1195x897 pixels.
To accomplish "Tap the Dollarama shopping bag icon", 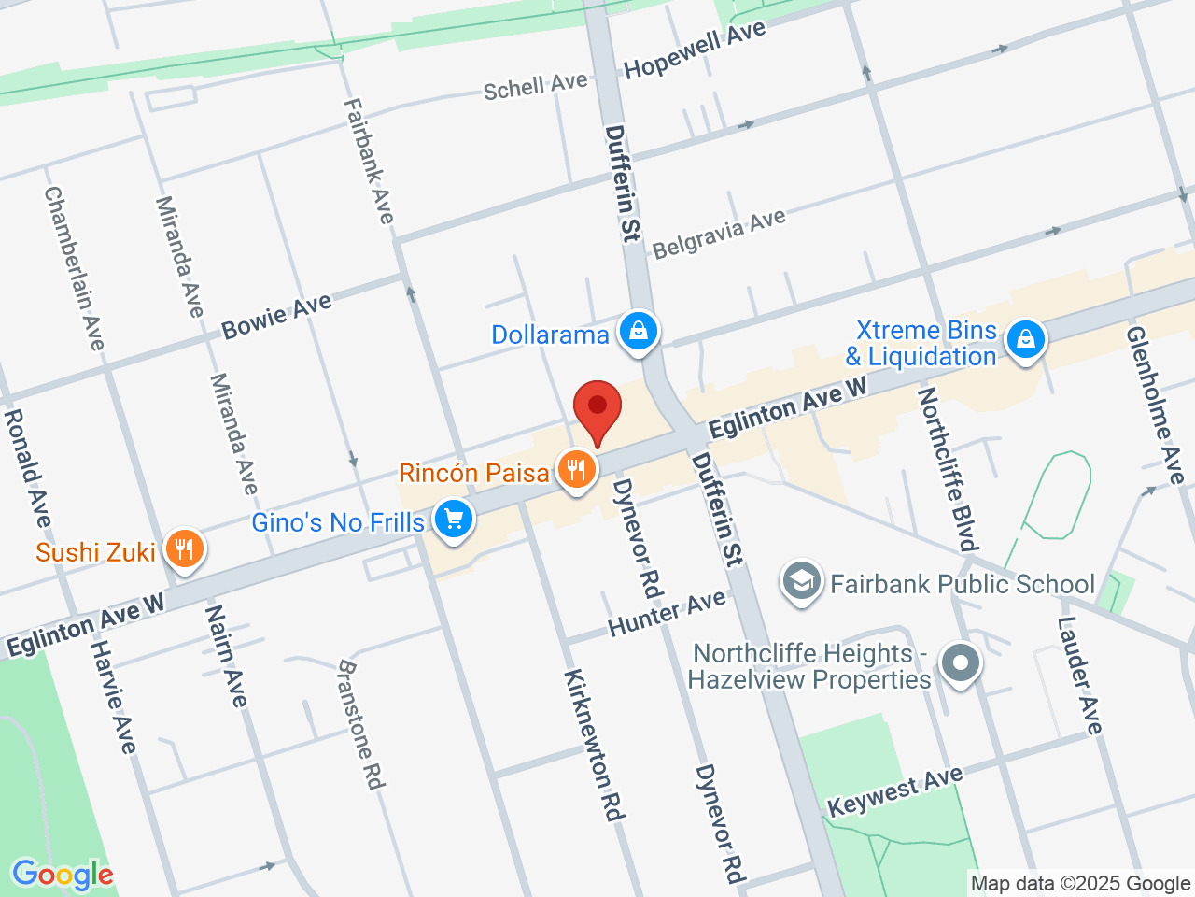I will (639, 333).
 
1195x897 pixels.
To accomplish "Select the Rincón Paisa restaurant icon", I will (577, 470).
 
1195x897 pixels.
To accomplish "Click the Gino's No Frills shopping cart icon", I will (454, 520).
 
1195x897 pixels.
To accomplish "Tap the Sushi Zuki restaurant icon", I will (184, 549).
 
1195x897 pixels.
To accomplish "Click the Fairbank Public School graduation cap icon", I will (802, 583).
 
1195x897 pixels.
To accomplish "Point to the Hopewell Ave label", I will (695, 50).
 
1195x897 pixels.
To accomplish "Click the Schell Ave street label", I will (535, 86).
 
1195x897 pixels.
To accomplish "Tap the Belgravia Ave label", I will (719, 234).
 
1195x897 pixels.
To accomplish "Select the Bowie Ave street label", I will (276, 316).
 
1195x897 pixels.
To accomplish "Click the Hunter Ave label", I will (667, 614).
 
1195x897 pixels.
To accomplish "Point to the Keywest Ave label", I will (894, 791).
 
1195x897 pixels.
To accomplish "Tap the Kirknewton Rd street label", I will (593, 745).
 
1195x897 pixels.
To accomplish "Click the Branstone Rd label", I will (360, 724).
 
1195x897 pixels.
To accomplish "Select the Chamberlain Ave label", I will (75, 268).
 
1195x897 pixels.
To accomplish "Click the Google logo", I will (63, 875).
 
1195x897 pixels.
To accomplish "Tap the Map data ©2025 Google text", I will (1080, 883).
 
